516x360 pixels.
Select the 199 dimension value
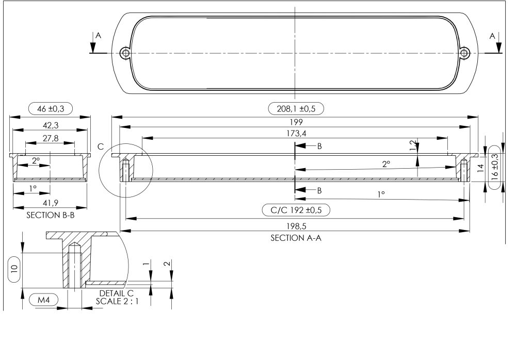pyautogui.click(x=296, y=122)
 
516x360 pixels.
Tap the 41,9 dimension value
pyautogui.click(x=50, y=202)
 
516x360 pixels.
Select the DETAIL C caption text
pyautogui.click(x=117, y=293)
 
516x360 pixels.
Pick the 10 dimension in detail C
pyautogui.click(x=14, y=268)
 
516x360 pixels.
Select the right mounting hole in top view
pyautogui.click(x=465, y=53)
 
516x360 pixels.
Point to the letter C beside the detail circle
pyautogui.click(x=101, y=147)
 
